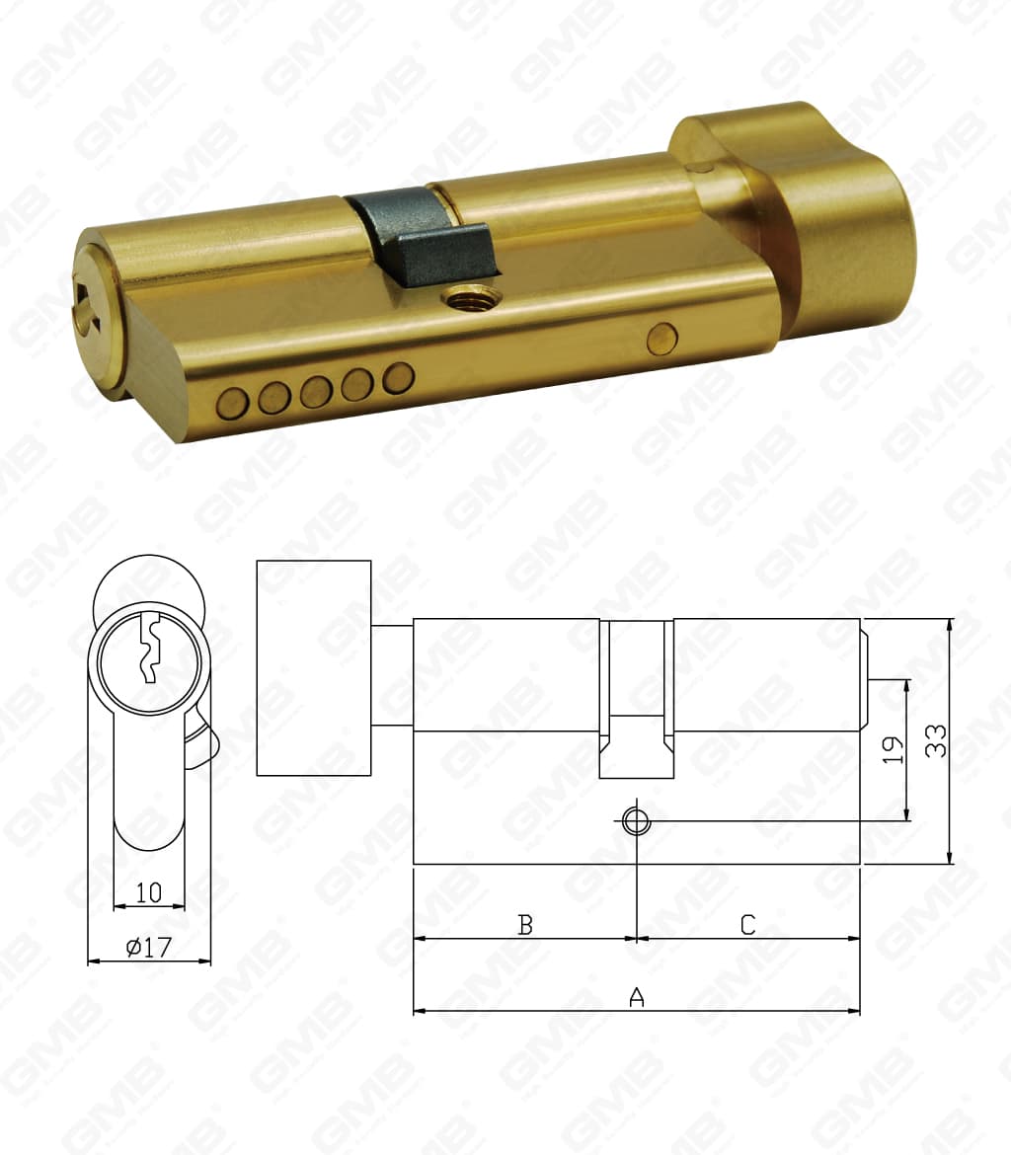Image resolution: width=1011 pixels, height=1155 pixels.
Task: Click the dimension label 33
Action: click(x=936, y=740)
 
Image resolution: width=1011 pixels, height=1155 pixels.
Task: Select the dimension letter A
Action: click(x=637, y=997)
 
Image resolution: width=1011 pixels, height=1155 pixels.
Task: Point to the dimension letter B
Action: click(x=526, y=925)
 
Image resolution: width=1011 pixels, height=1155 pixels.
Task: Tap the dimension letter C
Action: click(x=747, y=925)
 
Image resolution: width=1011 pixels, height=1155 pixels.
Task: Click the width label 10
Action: click(x=149, y=892)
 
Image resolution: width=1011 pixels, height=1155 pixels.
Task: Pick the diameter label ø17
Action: click(x=149, y=948)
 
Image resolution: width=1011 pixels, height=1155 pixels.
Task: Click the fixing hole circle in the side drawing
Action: click(x=635, y=820)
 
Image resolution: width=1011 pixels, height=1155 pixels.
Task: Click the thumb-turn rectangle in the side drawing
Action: click(x=314, y=667)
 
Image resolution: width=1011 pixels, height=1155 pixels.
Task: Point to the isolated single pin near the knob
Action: click(x=659, y=339)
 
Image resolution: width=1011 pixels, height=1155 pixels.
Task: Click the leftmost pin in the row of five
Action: click(x=233, y=403)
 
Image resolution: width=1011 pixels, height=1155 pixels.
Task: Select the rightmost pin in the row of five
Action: click(x=398, y=377)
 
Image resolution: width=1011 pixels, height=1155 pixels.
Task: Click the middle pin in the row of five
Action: click(x=316, y=391)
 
